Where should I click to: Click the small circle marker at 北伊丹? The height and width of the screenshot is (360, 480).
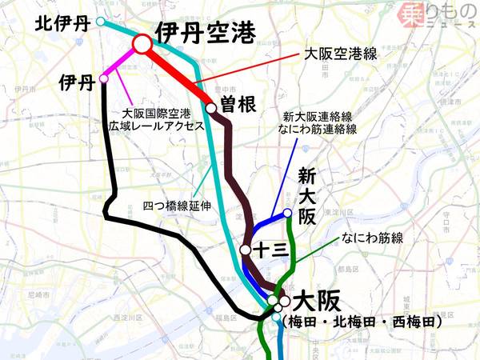[x=100, y=22]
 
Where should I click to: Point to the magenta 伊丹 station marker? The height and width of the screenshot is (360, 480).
[x=104, y=78]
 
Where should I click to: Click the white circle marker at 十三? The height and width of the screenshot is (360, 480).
[x=246, y=250]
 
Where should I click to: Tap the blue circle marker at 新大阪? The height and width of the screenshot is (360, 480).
[x=287, y=212]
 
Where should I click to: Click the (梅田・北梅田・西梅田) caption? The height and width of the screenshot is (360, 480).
[x=362, y=322]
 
